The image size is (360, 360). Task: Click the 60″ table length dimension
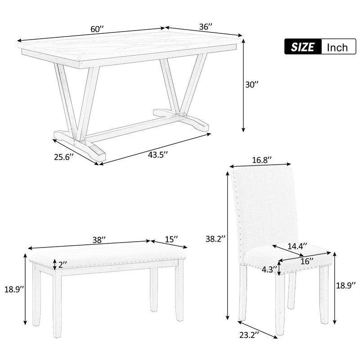pyautogui.click(x=97, y=29)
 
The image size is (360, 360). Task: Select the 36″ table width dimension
pyautogui.click(x=205, y=27)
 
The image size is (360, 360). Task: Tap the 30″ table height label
pyautogui.click(x=253, y=84)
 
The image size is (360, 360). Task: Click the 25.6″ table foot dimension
pyautogui.click(x=63, y=156)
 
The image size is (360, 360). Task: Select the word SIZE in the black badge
pyautogui.click(x=302, y=47)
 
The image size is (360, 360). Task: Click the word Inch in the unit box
pyautogui.click(x=337, y=47)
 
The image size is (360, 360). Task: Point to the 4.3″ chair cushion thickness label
pyautogui.click(x=269, y=270)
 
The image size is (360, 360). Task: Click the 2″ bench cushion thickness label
pyautogui.click(x=62, y=265)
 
